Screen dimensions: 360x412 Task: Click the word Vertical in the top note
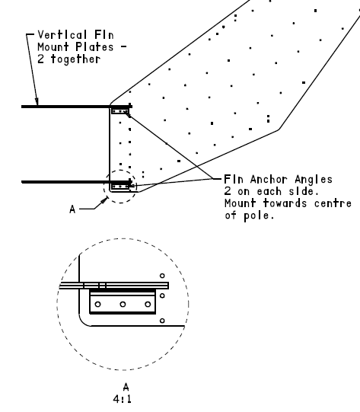click(x=62, y=35)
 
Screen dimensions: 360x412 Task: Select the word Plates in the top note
click(x=94, y=47)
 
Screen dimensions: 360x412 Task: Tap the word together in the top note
click(x=75, y=59)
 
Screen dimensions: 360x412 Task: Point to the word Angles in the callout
click(x=314, y=180)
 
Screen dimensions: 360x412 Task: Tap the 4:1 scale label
click(x=122, y=399)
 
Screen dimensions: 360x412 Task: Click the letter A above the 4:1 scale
click(x=126, y=387)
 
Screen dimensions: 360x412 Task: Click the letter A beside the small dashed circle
click(x=72, y=209)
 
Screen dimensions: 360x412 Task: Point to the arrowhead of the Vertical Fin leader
click(x=37, y=102)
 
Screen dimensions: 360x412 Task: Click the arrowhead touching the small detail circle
click(x=105, y=200)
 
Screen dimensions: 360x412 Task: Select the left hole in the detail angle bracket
click(x=97, y=305)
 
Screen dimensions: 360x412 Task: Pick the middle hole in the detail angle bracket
click(x=123, y=305)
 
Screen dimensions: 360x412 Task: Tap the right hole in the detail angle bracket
click(x=148, y=305)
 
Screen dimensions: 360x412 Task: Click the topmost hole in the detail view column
click(x=162, y=276)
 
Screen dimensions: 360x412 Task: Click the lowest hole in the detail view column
click(x=162, y=321)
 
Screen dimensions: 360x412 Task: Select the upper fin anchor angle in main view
click(x=120, y=111)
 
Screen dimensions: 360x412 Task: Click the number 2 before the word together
click(x=40, y=59)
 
